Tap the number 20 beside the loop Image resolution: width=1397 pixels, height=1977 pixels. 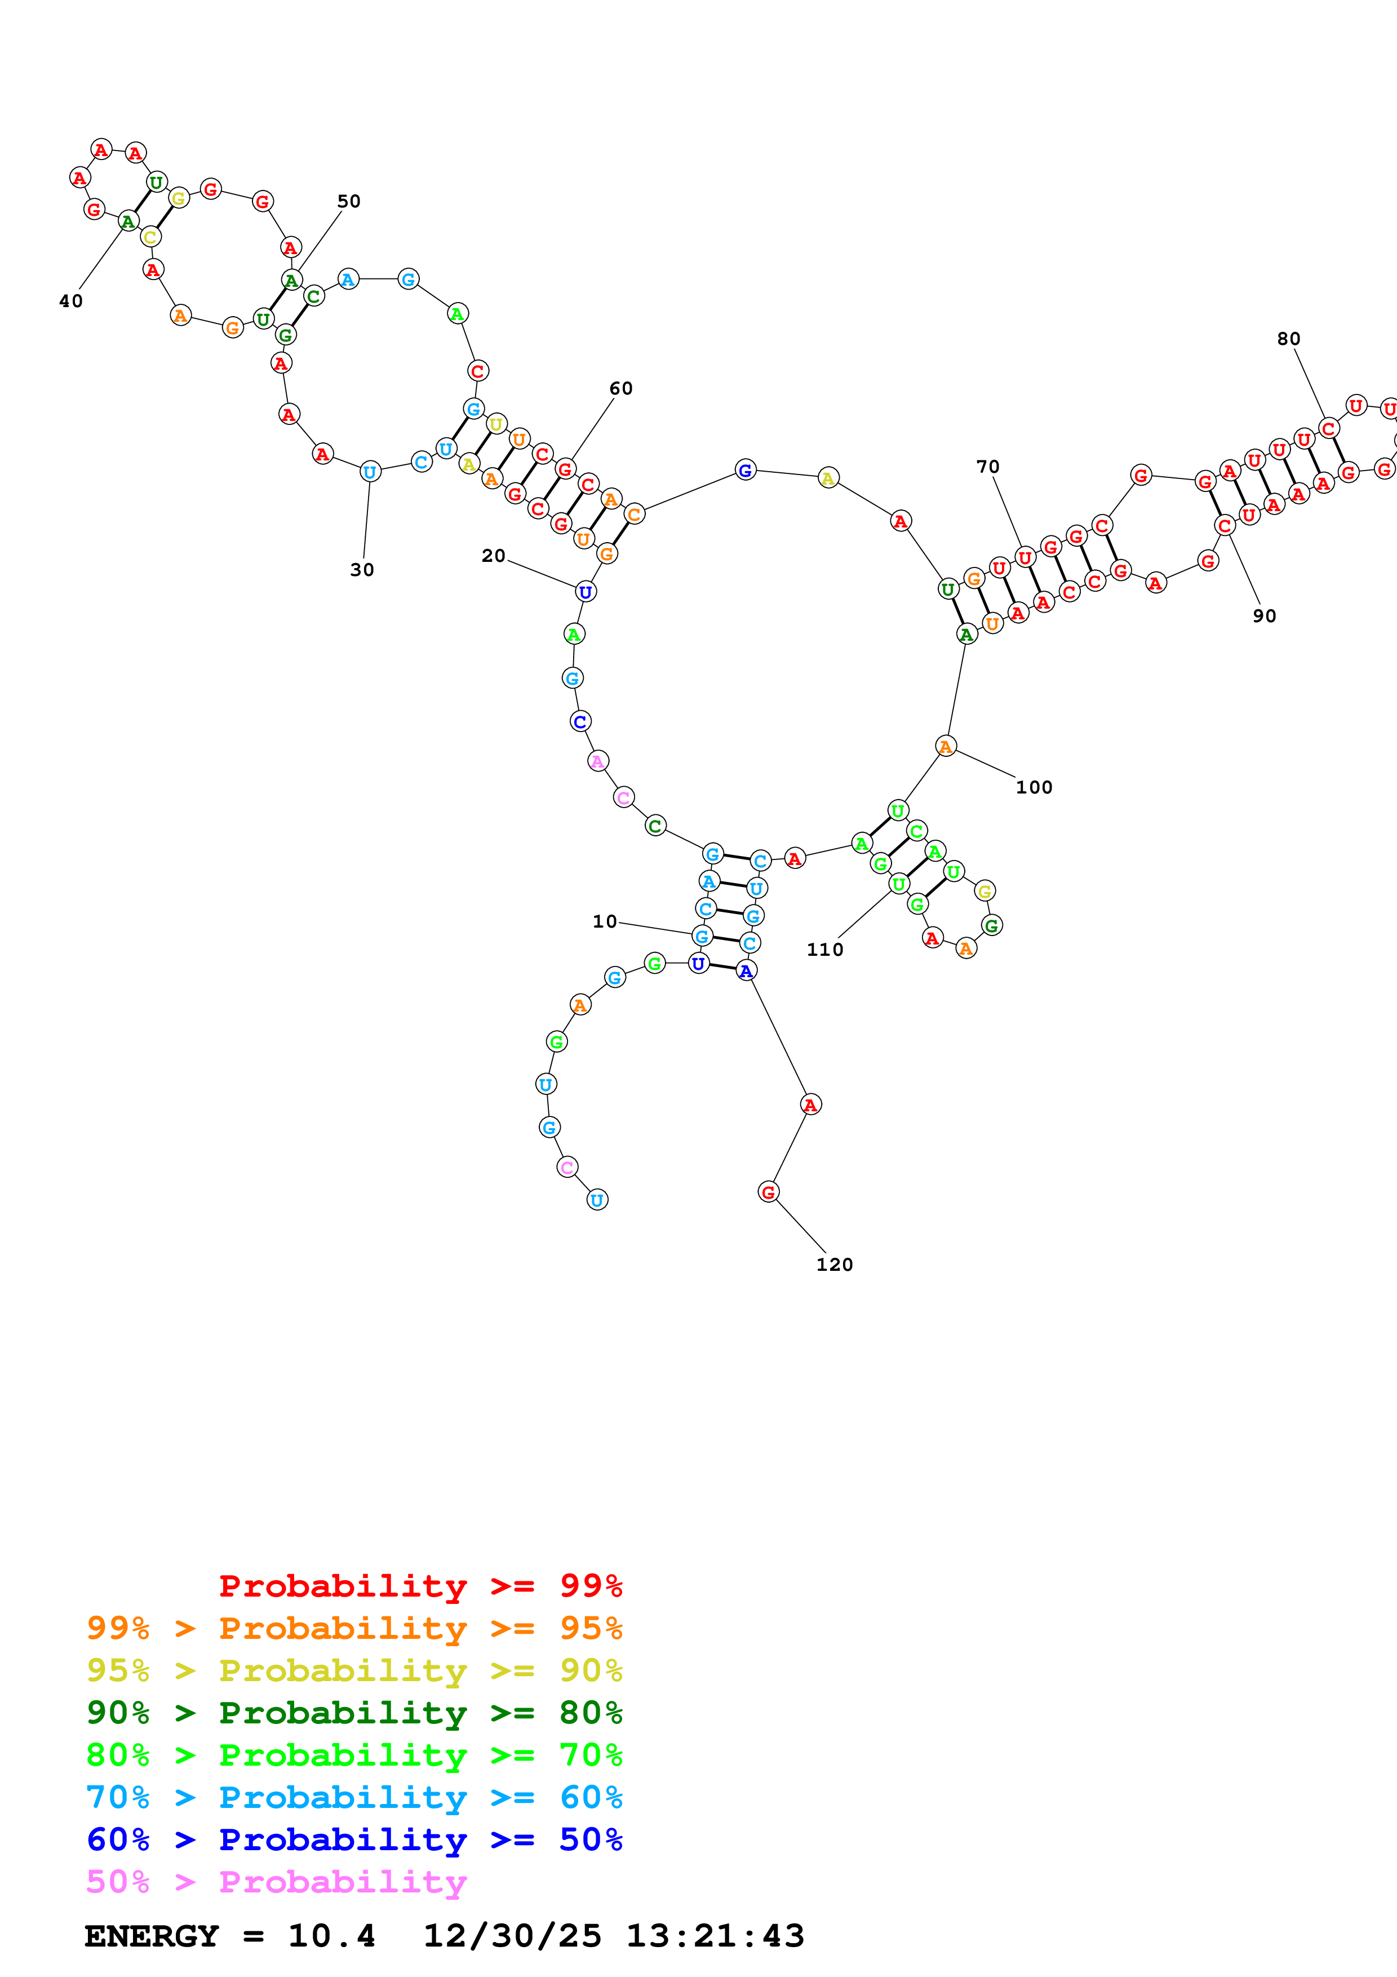pos(493,555)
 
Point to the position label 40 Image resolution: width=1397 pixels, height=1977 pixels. pos(70,300)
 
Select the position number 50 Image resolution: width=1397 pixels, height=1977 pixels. pos(349,201)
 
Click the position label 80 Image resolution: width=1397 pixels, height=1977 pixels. pos(1289,338)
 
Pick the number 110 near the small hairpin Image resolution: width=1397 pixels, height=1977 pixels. pos(824,949)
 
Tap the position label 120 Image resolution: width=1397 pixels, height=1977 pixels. pos(834,1264)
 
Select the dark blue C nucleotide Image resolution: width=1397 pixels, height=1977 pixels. pos(580,721)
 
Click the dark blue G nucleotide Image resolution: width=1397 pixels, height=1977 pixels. pos(746,470)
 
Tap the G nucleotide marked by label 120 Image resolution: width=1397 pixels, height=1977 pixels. pos(768,1192)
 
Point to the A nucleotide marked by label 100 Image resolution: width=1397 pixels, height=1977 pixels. pos(945,747)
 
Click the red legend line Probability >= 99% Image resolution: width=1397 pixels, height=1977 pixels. pos(420,1585)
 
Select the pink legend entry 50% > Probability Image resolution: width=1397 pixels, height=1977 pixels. pos(276,1881)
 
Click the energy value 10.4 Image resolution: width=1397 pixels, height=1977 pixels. pos(331,1936)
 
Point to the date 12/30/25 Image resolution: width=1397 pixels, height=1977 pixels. pos(512,1936)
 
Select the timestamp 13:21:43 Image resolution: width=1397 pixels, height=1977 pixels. pos(715,1936)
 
